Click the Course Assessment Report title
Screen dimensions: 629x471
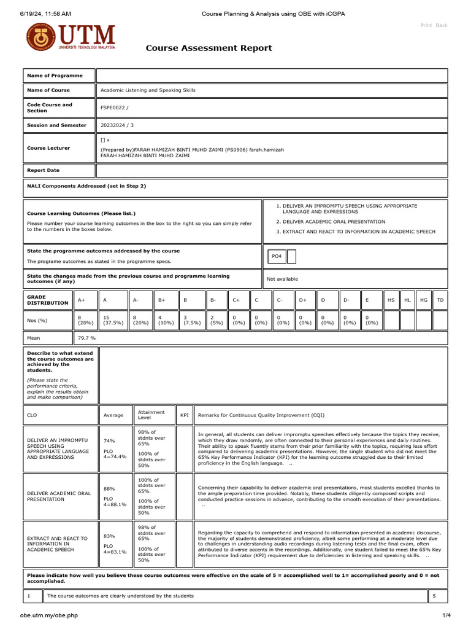(x=209, y=49)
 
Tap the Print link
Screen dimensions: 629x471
(x=426, y=25)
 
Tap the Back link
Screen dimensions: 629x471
(x=442, y=25)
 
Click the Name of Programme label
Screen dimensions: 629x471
(x=55, y=76)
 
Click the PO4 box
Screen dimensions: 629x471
(x=277, y=256)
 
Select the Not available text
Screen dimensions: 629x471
(x=282, y=279)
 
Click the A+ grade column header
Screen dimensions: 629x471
(x=82, y=300)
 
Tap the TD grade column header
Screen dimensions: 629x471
(x=440, y=300)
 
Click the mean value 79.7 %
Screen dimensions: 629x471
(x=87, y=338)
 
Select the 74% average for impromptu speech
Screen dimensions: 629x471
(x=109, y=440)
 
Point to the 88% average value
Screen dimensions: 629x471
(x=109, y=489)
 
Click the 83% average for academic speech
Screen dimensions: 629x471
(x=109, y=536)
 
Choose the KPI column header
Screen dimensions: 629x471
(x=184, y=415)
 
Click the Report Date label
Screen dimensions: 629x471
(x=43, y=170)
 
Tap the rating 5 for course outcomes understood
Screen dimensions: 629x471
(x=434, y=596)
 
